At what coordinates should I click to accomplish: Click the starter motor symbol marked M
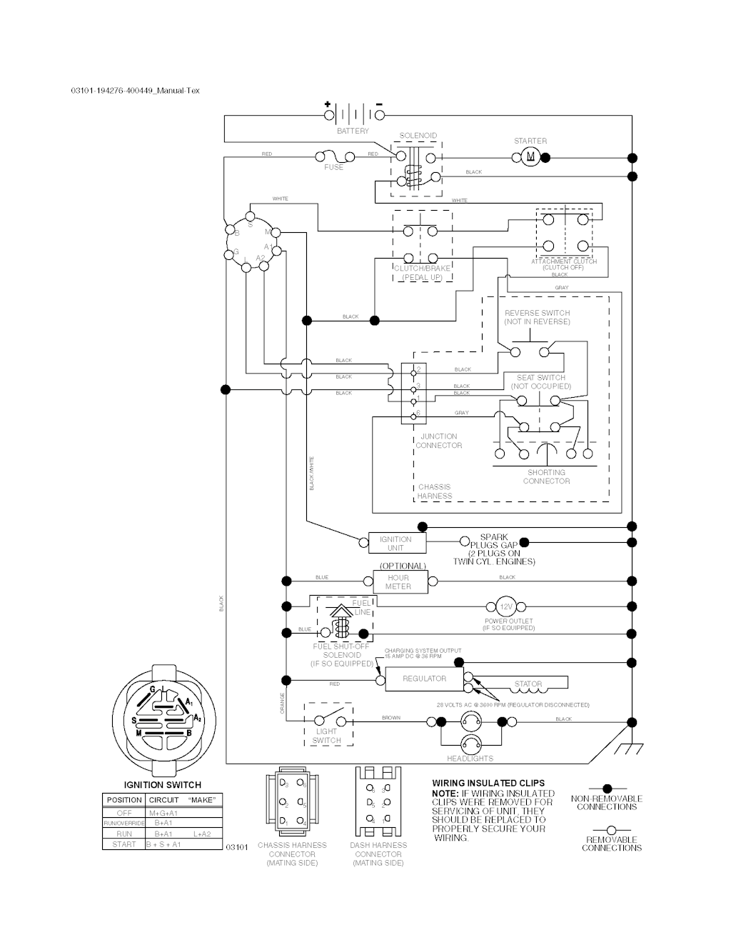(530, 157)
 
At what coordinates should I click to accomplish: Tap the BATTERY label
(353, 131)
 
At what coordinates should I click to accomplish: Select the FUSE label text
(333, 167)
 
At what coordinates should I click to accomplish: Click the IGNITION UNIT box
(395, 544)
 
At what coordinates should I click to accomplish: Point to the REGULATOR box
(424, 679)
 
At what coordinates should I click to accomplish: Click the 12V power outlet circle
(506, 606)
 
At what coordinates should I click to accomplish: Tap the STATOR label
(528, 684)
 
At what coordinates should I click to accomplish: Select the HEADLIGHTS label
(470, 758)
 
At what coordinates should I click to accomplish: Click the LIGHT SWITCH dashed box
(328, 724)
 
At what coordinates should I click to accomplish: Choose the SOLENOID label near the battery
(418, 136)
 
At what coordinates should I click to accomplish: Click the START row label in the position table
(123, 844)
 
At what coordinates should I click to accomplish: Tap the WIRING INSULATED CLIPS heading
(488, 784)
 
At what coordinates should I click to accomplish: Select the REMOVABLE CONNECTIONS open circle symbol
(611, 831)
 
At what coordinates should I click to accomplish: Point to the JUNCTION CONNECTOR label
(439, 441)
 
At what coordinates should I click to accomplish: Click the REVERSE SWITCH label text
(537, 317)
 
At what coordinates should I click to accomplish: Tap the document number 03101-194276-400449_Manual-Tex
(136, 91)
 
